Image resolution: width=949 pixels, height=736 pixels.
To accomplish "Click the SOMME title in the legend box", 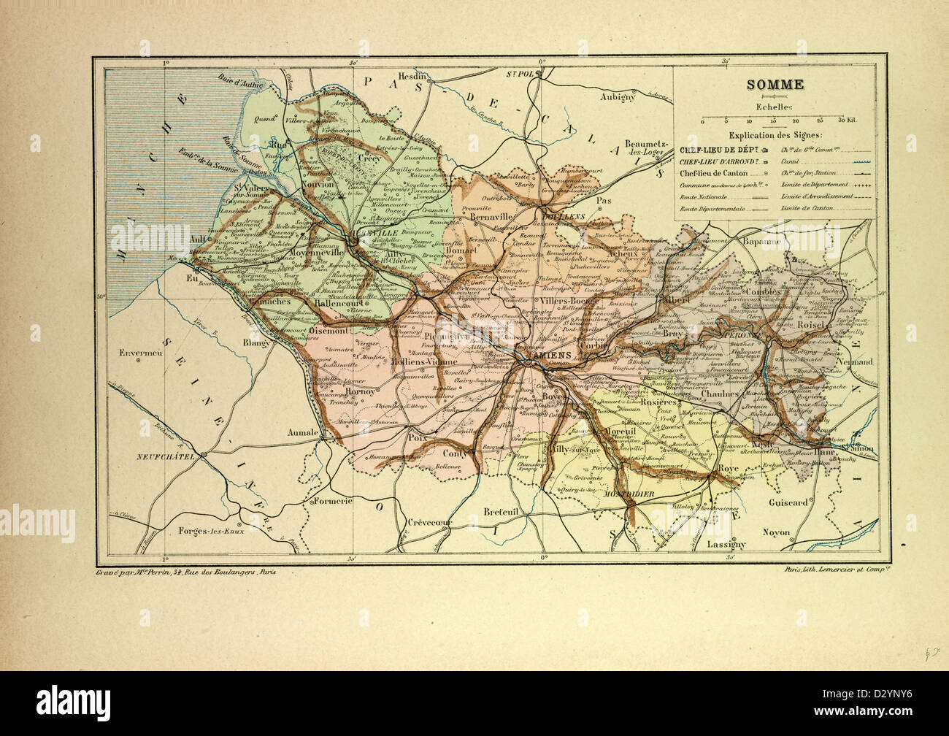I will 775,85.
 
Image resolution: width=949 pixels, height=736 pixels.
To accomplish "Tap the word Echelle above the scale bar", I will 775,107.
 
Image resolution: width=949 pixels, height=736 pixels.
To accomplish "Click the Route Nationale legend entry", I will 704,197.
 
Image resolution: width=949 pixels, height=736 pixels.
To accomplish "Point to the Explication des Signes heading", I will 775,136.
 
